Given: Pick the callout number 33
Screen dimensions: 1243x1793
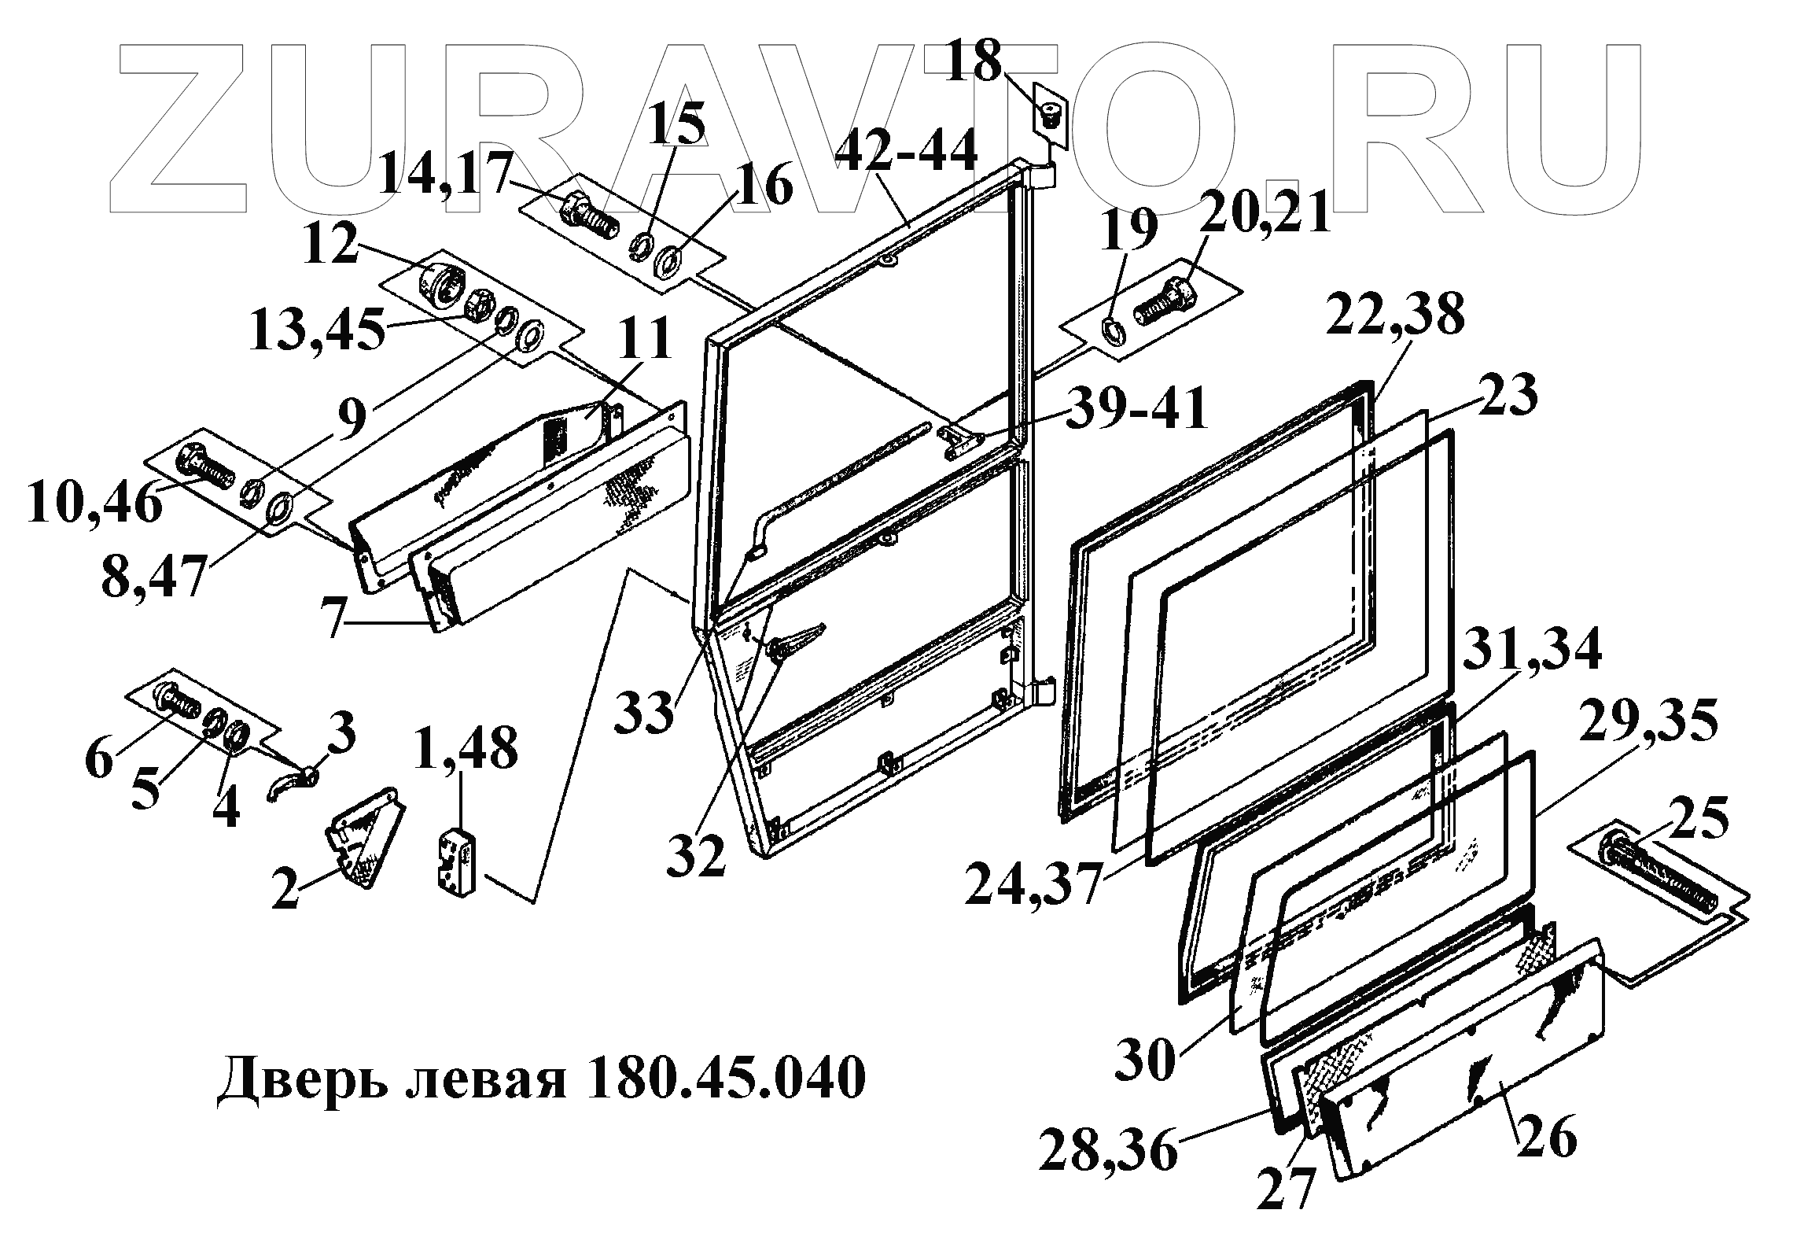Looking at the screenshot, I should point(645,712).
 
